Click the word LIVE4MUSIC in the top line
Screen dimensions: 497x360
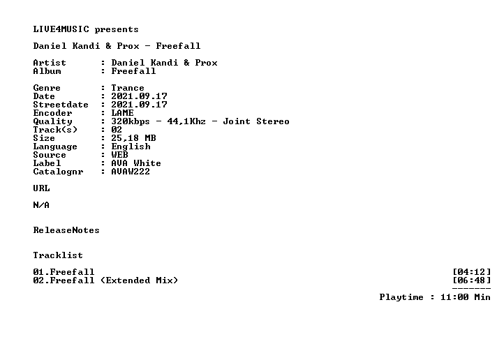[61, 29]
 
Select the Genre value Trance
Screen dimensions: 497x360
[128, 88]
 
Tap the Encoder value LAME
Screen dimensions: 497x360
[122, 113]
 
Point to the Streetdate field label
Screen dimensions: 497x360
[61, 105]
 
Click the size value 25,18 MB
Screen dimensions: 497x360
[133, 138]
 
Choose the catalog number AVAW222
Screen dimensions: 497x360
[131, 172]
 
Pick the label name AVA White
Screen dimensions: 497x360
[136, 163]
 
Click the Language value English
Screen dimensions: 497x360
[131, 147]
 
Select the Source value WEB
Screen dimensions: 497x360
[119, 155]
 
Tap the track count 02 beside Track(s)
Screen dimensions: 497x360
[117, 130]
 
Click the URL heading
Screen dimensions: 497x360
[41, 188]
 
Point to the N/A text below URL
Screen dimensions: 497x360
[41, 205]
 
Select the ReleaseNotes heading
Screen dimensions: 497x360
[66, 230]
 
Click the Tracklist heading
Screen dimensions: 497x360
[58, 255]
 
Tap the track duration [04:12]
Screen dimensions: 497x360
[472, 272]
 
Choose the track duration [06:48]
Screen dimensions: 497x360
[472, 280]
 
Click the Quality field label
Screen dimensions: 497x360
[52, 121]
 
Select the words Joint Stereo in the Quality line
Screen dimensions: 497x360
[256, 121]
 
